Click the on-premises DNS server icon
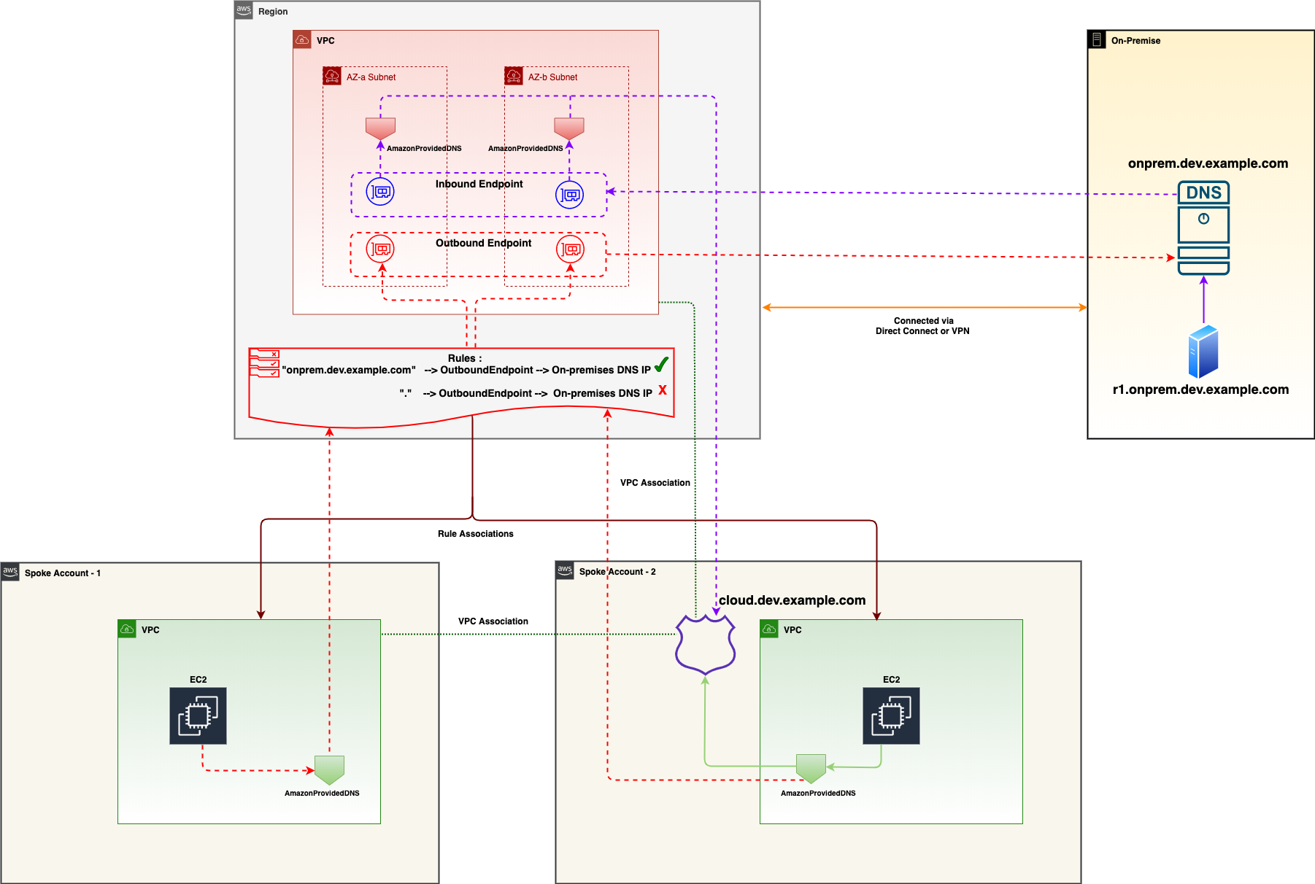click(x=1203, y=228)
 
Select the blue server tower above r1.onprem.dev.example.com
click(x=1203, y=352)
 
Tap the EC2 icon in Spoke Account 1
click(x=198, y=716)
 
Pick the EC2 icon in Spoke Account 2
click(x=891, y=716)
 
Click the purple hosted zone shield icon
click(x=705, y=643)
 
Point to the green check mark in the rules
click(x=661, y=365)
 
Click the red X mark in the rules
click(x=663, y=390)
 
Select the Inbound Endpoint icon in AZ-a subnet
click(x=380, y=192)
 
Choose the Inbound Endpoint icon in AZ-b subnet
click(x=570, y=195)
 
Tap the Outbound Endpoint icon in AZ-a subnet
click(x=380, y=249)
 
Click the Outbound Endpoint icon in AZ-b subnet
click(x=570, y=249)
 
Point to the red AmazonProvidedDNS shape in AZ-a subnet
click(x=380, y=129)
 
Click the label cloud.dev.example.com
click(x=792, y=600)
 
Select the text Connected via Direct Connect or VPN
click(x=923, y=326)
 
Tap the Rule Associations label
click(x=476, y=534)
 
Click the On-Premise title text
click(x=1135, y=41)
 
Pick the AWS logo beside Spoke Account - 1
click(x=10, y=572)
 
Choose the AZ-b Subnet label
click(x=552, y=77)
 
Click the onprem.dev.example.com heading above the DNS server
click(x=1208, y=163)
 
